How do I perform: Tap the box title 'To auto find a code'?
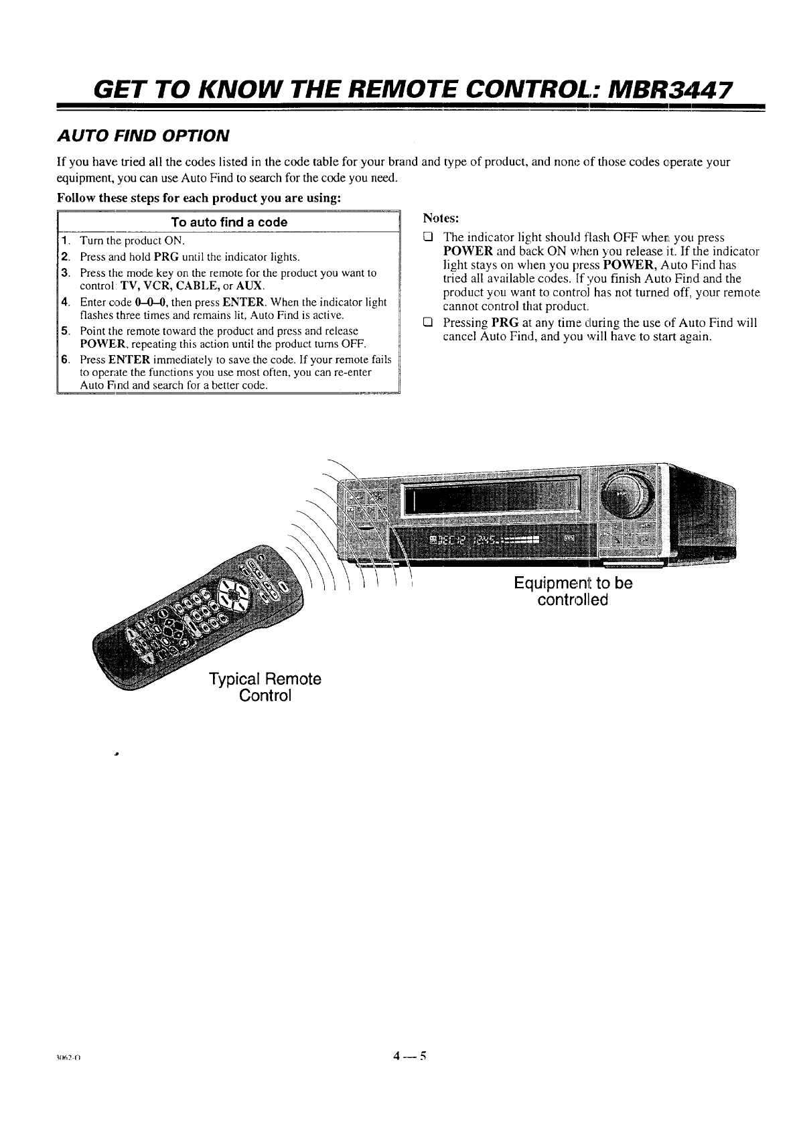[x=228, y=222]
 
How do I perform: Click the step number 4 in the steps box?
[x=66, y=302]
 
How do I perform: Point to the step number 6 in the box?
[x=66, y=360]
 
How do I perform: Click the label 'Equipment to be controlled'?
[x=573, y=591]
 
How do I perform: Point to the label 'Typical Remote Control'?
[x=265, y=687]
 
